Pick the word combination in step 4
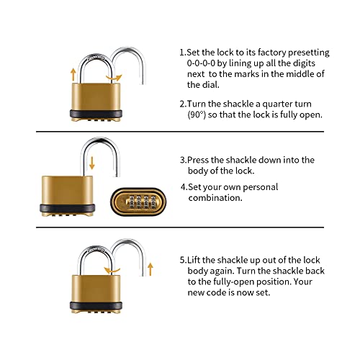click(x=216, y=198)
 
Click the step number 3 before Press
click(x=181, y=160)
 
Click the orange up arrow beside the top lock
click(x=73, y=71)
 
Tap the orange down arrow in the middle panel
click(x=92, y=163)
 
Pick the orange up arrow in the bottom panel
click(x=150, y=270)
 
